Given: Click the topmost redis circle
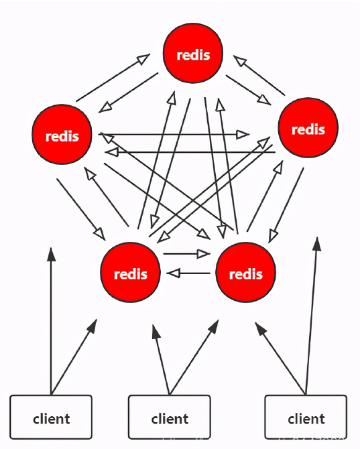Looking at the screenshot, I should pos(193,54).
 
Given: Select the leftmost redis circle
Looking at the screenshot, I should pos(62,135).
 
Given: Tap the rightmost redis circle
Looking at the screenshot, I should pos(308,128).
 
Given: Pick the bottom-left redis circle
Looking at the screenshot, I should pos(131,273).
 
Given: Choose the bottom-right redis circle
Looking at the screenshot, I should pos(245,273).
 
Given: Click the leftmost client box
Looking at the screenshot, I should pos(51,419).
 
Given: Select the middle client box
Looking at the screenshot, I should pos(170,419).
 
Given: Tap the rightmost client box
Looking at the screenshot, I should pos(306,419).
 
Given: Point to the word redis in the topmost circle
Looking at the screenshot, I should pos(193,55).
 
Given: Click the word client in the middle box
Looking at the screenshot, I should pos(170,420).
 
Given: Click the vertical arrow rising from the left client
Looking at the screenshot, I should pos(51,322).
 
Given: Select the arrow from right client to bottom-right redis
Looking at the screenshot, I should pos(280,359).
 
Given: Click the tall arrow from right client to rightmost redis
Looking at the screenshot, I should pos(312,315).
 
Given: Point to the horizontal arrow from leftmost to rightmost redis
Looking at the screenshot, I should pos(174,134).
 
